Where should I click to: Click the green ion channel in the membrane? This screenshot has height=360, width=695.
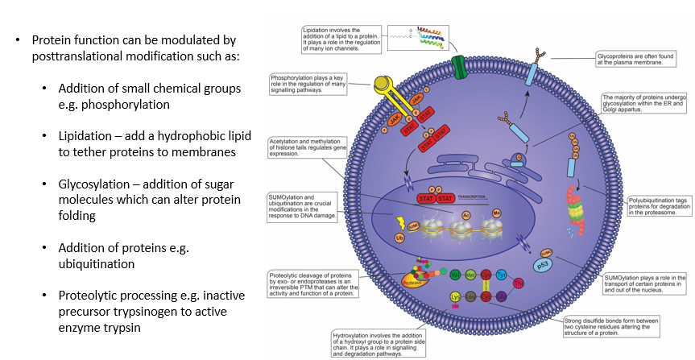457,65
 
